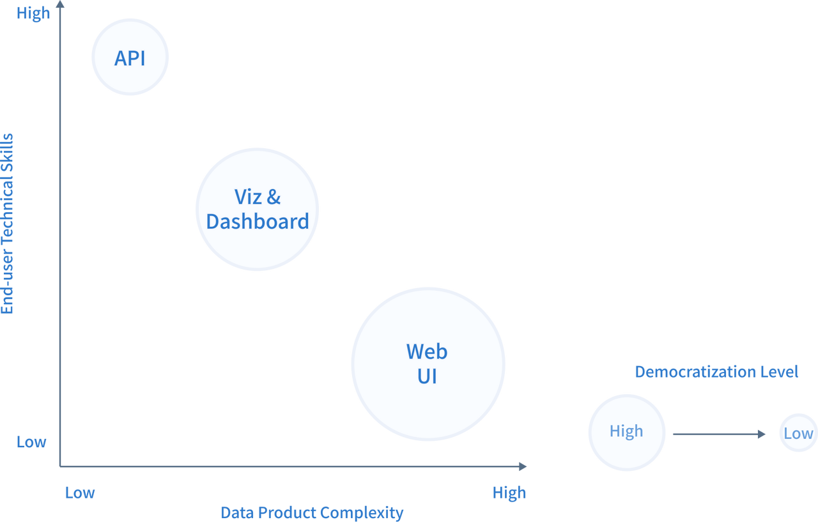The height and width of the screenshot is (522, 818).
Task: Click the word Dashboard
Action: [x=258, y=222]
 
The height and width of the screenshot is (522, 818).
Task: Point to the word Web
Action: [x=427, y=351]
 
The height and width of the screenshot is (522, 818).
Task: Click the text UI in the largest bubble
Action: [x=427, y=376]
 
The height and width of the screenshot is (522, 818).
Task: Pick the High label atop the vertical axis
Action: [x=33, y=14]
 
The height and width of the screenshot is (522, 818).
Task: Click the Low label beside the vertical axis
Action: [x=32, y=442]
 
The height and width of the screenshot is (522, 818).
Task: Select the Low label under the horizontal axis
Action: [x=81, y=493]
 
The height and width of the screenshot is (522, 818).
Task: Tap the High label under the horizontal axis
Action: [x=509, y=493]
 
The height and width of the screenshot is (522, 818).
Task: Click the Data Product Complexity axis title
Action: [x=312, y=512]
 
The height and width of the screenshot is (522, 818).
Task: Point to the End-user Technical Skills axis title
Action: [x=8, y=224]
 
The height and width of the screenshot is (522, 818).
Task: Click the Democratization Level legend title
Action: [x=716, y=372]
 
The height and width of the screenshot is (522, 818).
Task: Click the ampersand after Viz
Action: [x=274, y=197]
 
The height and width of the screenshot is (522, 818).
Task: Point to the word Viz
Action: [x=248, y=197]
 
